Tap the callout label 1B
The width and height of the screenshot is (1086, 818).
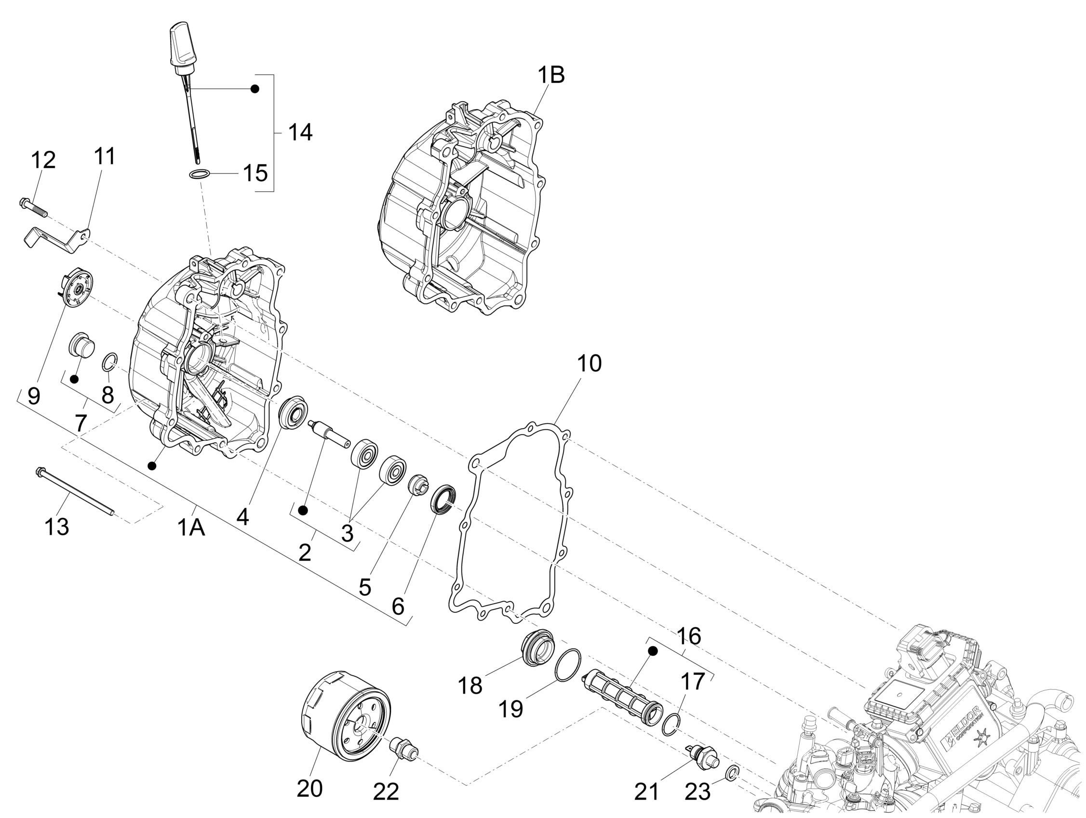[551, 76]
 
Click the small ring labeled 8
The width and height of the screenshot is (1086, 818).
[109, 364]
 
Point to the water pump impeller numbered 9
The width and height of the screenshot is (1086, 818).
[75, 293]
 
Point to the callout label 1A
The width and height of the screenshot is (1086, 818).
[190, 528]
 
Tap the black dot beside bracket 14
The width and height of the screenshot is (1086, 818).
[255, 89]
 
